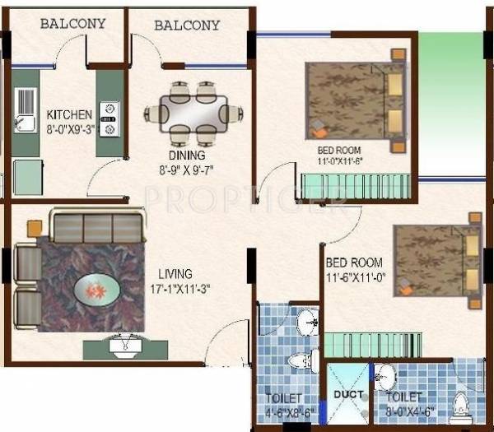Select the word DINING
pyautogui.click(x=189, y=154)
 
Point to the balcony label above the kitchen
pyautogui.click(x=72, y=23)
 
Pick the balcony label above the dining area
pyautogui.click(x=187, y=25)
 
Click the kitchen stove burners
pyautogui.click(x=109, y=116)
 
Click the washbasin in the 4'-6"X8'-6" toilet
pyautogui.click(x=306, y=319)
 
